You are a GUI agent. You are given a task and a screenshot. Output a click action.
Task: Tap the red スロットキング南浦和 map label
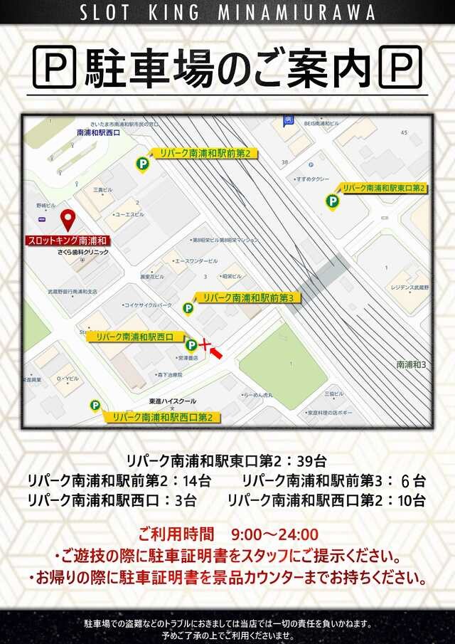[66, 241]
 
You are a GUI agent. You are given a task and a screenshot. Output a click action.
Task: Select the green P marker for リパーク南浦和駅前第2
[143, 164]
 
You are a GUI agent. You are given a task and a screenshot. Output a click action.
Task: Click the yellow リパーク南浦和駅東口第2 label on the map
[384, 188]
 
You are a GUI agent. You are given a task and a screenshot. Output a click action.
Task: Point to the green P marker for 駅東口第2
[332, 202]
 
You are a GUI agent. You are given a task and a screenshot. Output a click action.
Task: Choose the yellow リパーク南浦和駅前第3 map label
[248, 297]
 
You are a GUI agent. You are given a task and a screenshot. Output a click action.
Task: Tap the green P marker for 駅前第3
[188, 308]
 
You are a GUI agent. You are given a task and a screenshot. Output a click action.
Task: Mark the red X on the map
[205, 345]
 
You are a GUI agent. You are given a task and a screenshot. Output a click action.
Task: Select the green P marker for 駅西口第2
[95, 406]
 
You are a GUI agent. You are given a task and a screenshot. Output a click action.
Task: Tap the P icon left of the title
[56, 68]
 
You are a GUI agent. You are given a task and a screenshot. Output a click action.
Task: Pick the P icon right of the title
[400, 68]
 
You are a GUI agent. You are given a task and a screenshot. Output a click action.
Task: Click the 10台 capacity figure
[412, 500]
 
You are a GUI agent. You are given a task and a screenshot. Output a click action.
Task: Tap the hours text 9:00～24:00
[274, 534]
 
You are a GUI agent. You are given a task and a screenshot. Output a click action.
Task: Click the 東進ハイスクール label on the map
[173, 401]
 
